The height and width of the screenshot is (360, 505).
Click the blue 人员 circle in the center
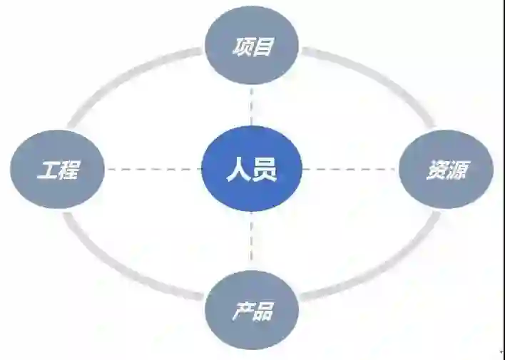(252, 170)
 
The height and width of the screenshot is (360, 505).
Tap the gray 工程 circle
(58, 170)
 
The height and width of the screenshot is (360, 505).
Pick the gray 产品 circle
(252, 311)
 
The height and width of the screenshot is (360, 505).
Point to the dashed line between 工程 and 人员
(153, 170)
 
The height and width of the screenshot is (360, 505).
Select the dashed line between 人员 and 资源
(350, 170)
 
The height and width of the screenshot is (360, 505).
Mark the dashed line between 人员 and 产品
(252, 241)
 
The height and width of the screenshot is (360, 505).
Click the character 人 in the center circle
(238, 170)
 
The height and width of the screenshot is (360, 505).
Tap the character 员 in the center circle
(265, 170)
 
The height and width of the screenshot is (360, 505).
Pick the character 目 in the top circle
(264, 48)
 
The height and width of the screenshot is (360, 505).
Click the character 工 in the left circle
(47, 170)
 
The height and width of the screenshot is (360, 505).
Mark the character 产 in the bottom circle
(241, 312)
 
